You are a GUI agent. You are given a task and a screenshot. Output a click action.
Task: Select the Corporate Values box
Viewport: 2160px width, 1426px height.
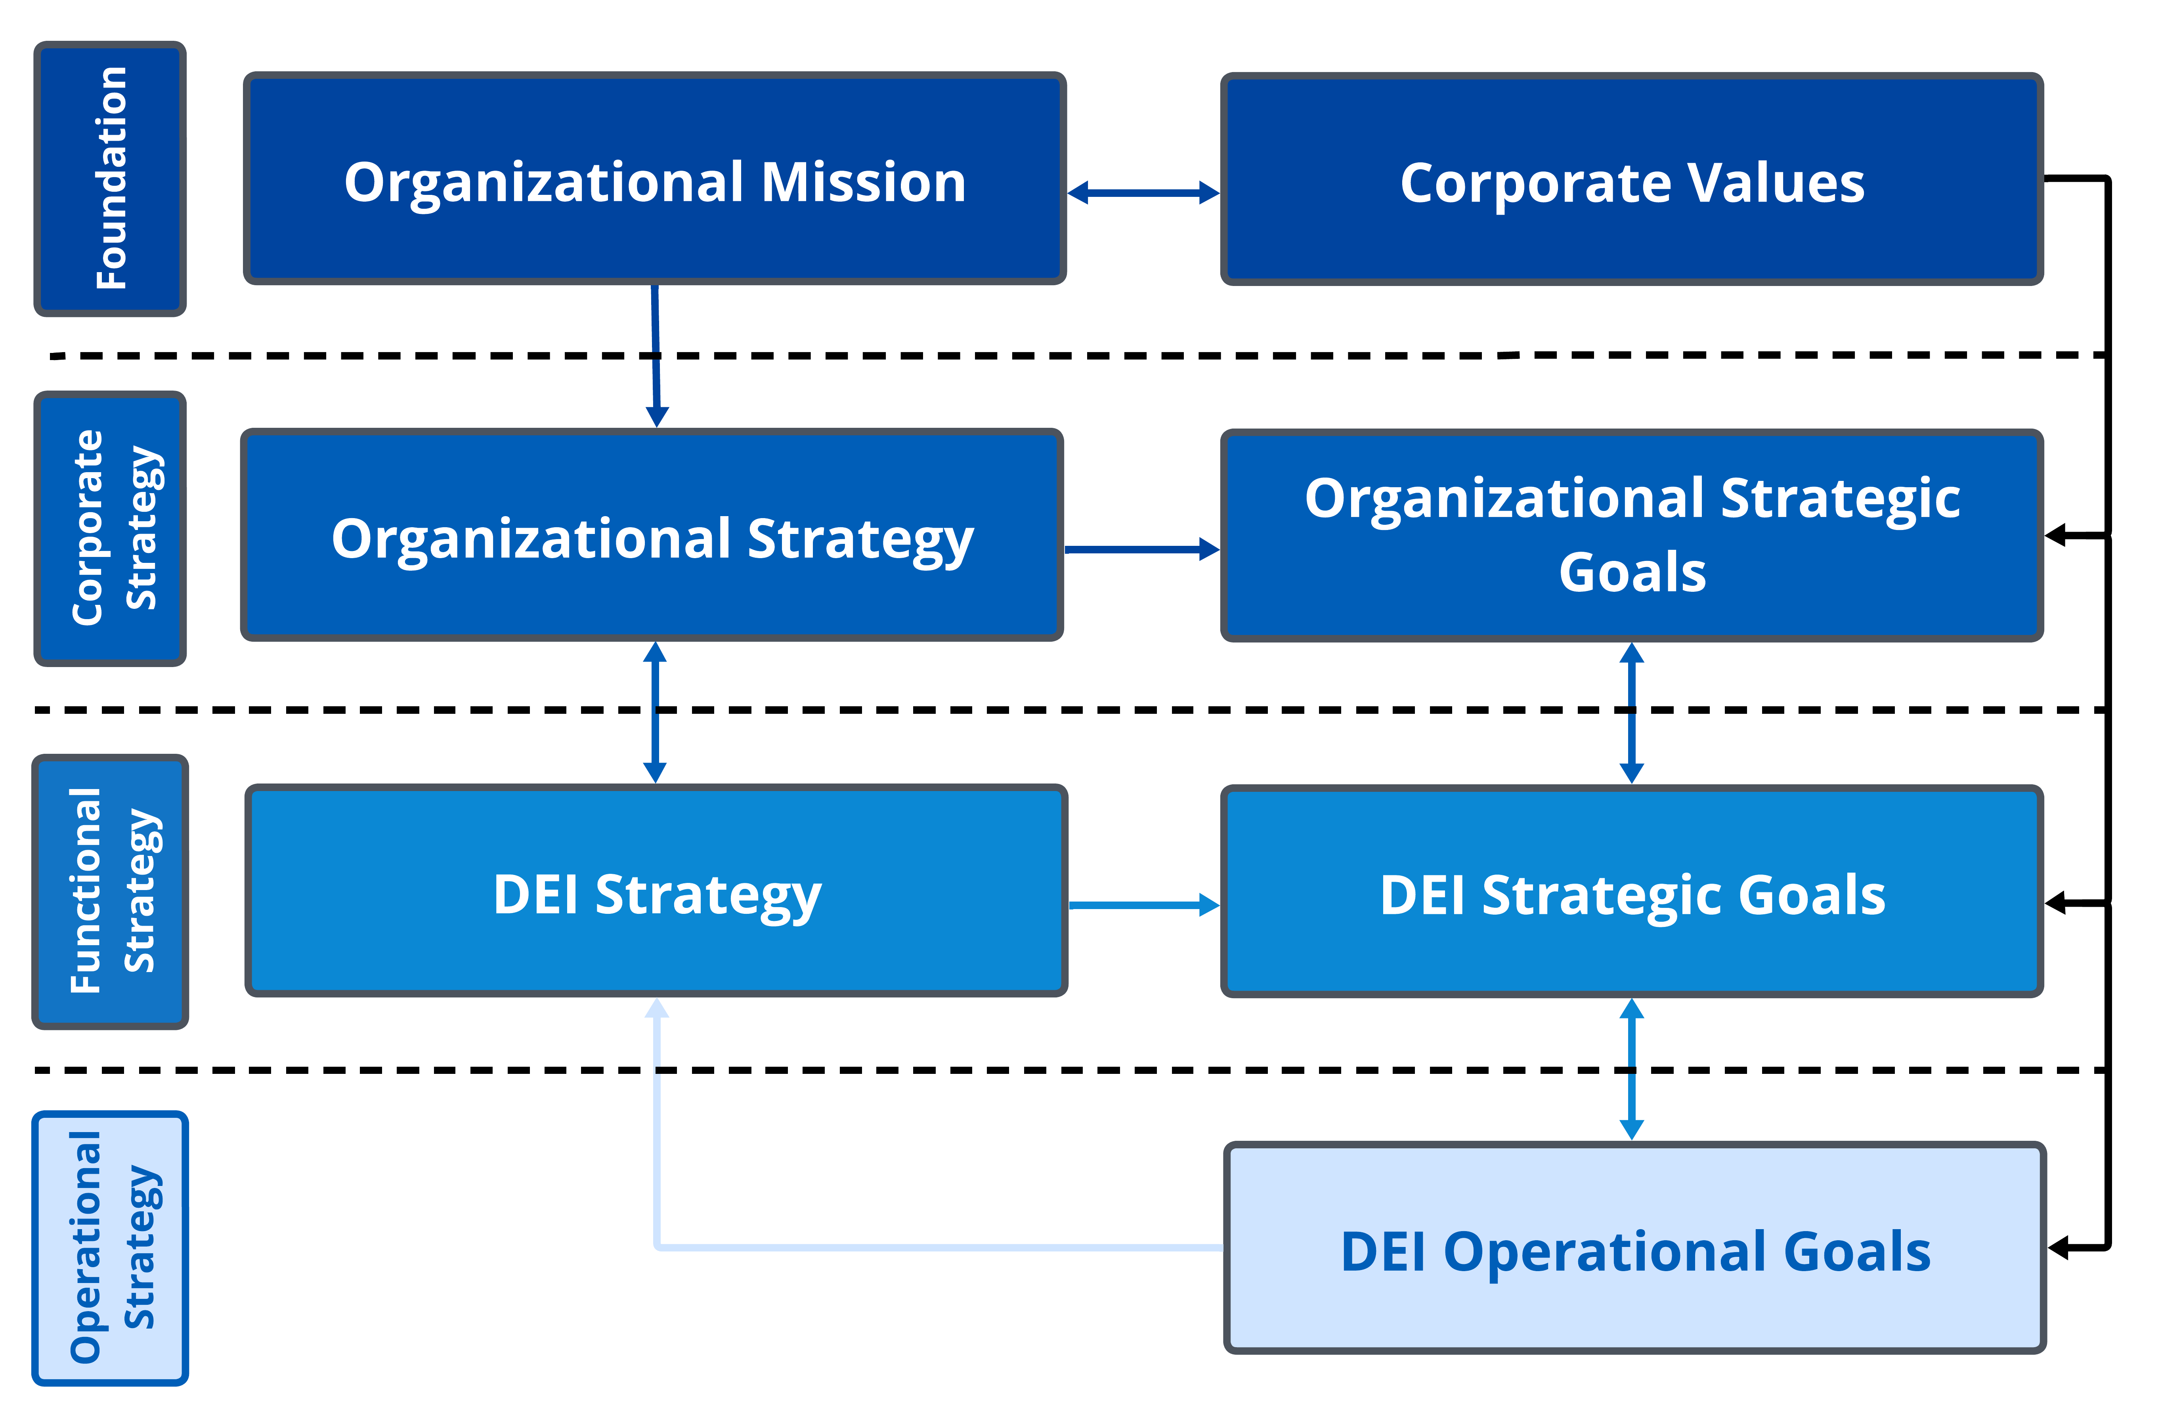point(1632,179)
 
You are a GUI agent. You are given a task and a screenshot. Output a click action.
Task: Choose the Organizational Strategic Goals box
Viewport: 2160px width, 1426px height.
point(1632,536)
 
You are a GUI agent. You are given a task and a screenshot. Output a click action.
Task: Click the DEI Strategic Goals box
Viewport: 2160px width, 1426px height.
point(1632,891)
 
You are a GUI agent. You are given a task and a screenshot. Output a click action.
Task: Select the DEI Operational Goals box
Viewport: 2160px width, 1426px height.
point(1635,1248)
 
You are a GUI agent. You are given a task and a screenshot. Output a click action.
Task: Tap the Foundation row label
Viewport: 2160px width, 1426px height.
point(110,179)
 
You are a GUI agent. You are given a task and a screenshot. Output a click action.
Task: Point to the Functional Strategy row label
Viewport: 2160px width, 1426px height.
point(110,891)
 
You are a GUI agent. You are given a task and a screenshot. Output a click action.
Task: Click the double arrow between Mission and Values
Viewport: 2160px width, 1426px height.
point(1144,193)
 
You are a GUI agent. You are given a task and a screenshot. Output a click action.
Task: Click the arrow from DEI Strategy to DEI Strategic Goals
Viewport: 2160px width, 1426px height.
point(1145,905)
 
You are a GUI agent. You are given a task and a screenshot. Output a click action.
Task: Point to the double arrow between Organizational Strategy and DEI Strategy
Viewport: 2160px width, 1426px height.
point(655,712)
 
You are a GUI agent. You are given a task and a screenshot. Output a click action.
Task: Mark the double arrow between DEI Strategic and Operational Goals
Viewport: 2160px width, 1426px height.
point(1632,1069)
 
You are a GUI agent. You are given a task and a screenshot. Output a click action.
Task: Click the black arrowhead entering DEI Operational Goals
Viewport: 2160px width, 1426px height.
point(2058,1248)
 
